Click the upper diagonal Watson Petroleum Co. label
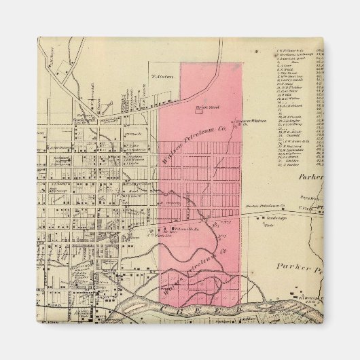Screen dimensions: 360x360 coord(189,152)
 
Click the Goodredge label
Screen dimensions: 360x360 coord(272,219)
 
